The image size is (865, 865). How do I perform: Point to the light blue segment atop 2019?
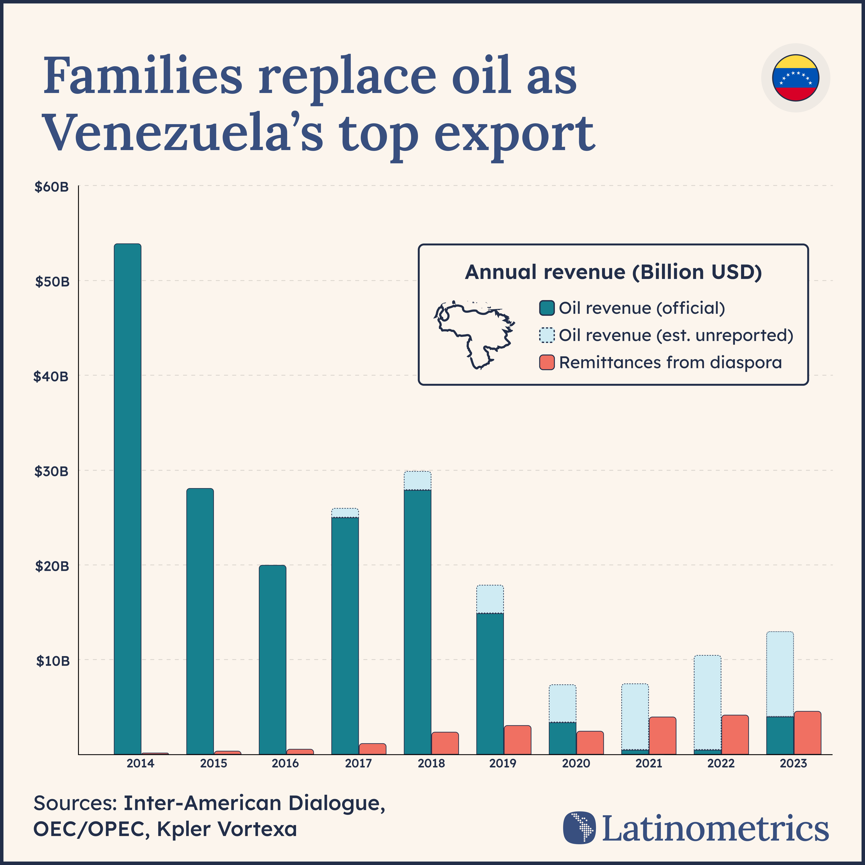click(490, 599)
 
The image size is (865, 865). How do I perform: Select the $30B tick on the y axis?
click(51, 471)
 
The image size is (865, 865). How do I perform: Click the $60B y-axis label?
click(51, 187)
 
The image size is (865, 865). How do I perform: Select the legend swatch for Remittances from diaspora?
click(547, 362)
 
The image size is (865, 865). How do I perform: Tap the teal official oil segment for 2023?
click(780, 736)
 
